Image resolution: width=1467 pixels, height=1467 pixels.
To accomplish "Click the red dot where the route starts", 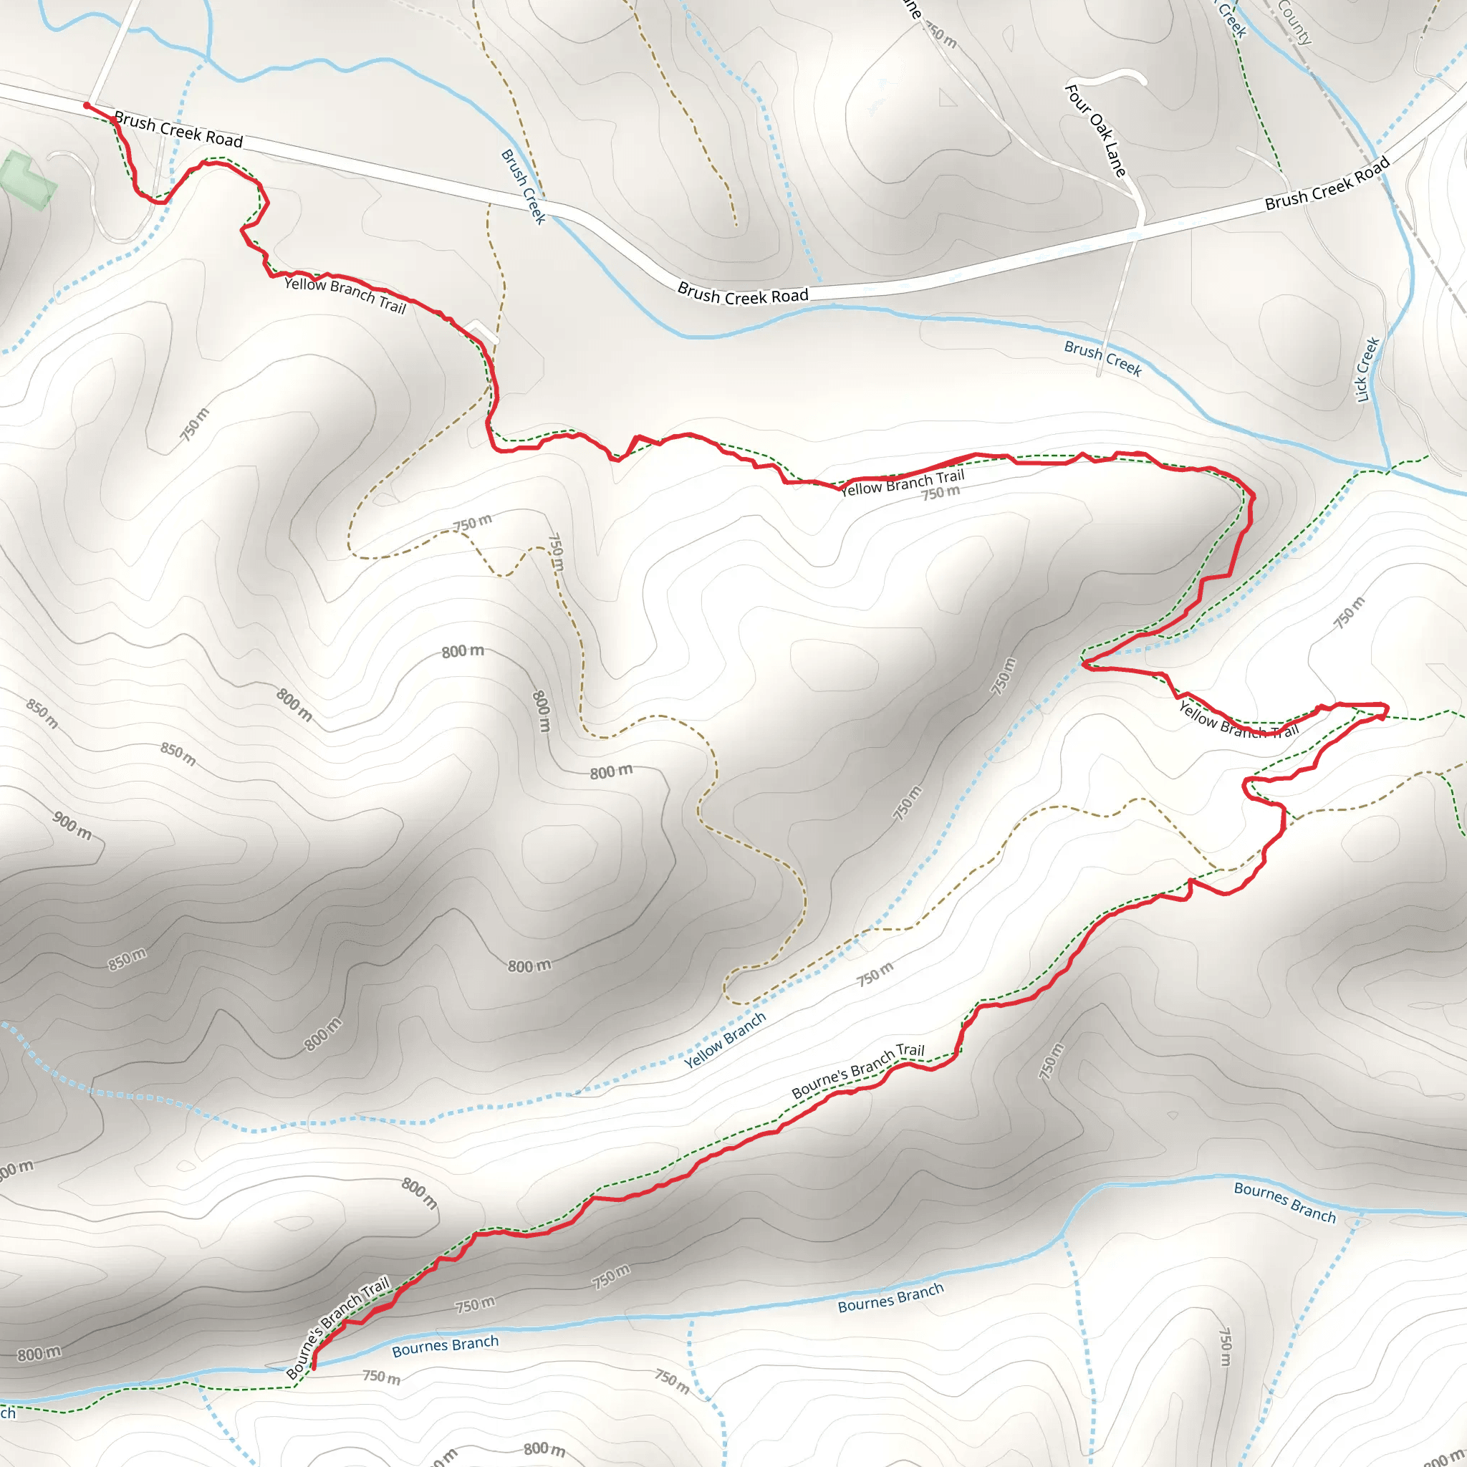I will tap(87, 105).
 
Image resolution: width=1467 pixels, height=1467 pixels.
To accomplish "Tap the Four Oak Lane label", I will tap(1096, 130).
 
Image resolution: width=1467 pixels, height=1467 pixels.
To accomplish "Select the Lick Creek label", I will tap(1367, 369).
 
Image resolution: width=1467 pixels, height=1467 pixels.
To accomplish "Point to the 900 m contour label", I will tap(72, 825).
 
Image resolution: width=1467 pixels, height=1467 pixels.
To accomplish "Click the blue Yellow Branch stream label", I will tap(725, 1041).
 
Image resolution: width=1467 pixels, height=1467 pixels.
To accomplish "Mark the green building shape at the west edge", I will tap(29, 178).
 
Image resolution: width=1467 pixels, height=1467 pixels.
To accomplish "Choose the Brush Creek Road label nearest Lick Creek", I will tap(1327, 183).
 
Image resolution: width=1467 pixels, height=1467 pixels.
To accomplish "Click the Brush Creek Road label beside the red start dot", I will tap(178, 130).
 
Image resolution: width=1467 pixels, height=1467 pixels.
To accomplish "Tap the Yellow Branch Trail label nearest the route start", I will tap(345, 295).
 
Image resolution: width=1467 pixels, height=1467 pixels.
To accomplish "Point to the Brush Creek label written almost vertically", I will tap(523, 187).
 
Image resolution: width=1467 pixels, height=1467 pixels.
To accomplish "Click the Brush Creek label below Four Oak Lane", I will tap(1103, 358).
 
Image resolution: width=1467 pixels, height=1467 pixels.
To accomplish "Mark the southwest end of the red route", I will tap(314, 1367).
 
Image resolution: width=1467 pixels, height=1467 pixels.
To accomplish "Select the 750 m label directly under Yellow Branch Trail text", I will tap(941, 494).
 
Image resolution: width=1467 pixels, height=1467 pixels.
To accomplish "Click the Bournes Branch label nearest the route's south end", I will tap(445, 1346).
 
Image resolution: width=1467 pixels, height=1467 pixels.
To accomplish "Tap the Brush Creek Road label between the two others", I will tap(744, 294).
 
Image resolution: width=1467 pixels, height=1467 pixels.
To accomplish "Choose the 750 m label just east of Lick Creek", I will tap(1350, 612).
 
